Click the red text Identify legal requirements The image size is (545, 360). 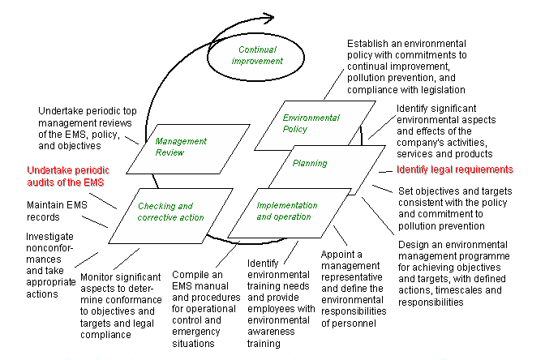point(455,169)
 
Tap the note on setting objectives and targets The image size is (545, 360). point(454,208)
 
